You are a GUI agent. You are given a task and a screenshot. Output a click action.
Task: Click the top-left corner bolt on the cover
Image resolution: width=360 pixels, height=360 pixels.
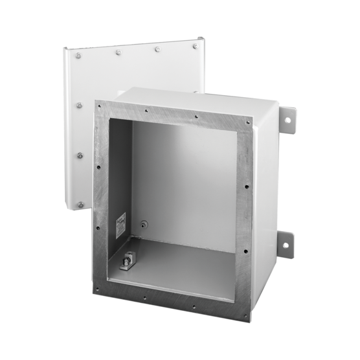click(x=78, y=56)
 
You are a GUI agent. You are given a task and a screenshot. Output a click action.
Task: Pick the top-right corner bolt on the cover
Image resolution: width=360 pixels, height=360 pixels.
click(x=195, y=46)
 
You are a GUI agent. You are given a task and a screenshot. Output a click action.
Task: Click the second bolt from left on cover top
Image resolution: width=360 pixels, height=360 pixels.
click(x=118, y=52)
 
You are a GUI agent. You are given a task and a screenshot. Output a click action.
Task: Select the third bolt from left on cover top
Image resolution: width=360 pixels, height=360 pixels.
click(x=157, y=49)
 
